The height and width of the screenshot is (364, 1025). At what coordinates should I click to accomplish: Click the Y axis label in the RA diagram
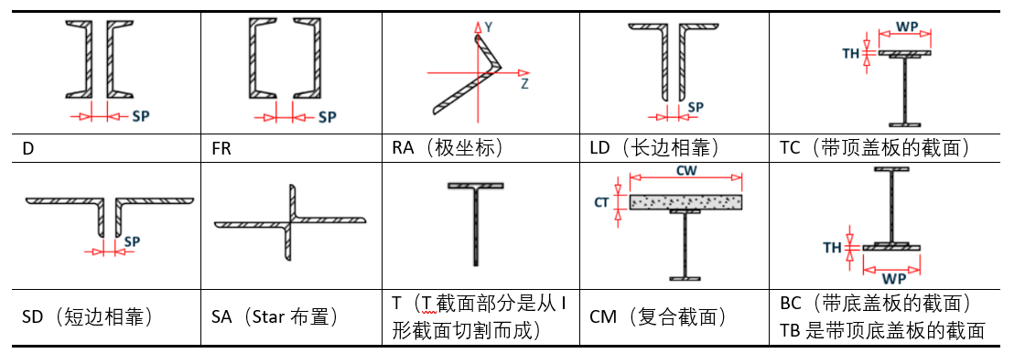tap(489, 27)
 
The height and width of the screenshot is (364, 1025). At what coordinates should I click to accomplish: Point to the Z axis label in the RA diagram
tap(524, 83)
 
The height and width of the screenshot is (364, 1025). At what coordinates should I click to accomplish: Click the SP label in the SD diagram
tap(132, 241)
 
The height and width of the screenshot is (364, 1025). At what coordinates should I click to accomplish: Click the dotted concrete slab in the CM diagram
tap(685, 202)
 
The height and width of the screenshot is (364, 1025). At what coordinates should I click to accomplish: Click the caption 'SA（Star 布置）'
tap(275, 318)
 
